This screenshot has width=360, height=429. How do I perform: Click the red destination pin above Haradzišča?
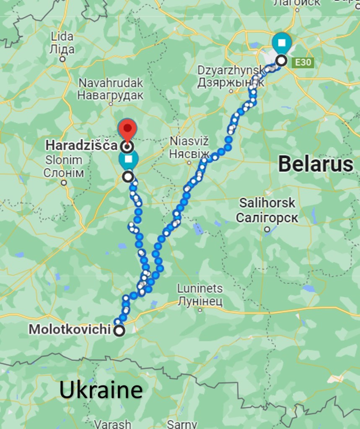coord(127,129)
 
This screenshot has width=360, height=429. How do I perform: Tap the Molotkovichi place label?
coord(70,330)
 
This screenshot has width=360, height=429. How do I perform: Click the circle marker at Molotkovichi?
coord(120,331)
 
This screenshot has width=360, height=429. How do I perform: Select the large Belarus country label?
coord(316,164)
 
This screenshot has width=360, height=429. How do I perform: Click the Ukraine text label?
coord(101,390)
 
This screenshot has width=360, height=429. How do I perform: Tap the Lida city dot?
coord(62,59)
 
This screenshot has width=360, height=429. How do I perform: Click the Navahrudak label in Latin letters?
coord(111,83)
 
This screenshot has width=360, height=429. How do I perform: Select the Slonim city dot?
coord(64,182)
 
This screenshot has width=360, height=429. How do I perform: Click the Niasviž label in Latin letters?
coord(189,141)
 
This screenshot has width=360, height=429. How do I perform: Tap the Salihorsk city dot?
coord(267,229)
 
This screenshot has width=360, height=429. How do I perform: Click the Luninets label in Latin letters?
coord(200,289)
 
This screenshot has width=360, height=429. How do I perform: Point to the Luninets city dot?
coord(200,310)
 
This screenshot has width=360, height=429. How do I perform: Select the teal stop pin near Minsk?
coord(282,43)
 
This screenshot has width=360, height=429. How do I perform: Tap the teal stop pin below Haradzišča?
coord(128,160)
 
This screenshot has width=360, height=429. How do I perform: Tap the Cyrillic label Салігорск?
coord(267,218)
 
